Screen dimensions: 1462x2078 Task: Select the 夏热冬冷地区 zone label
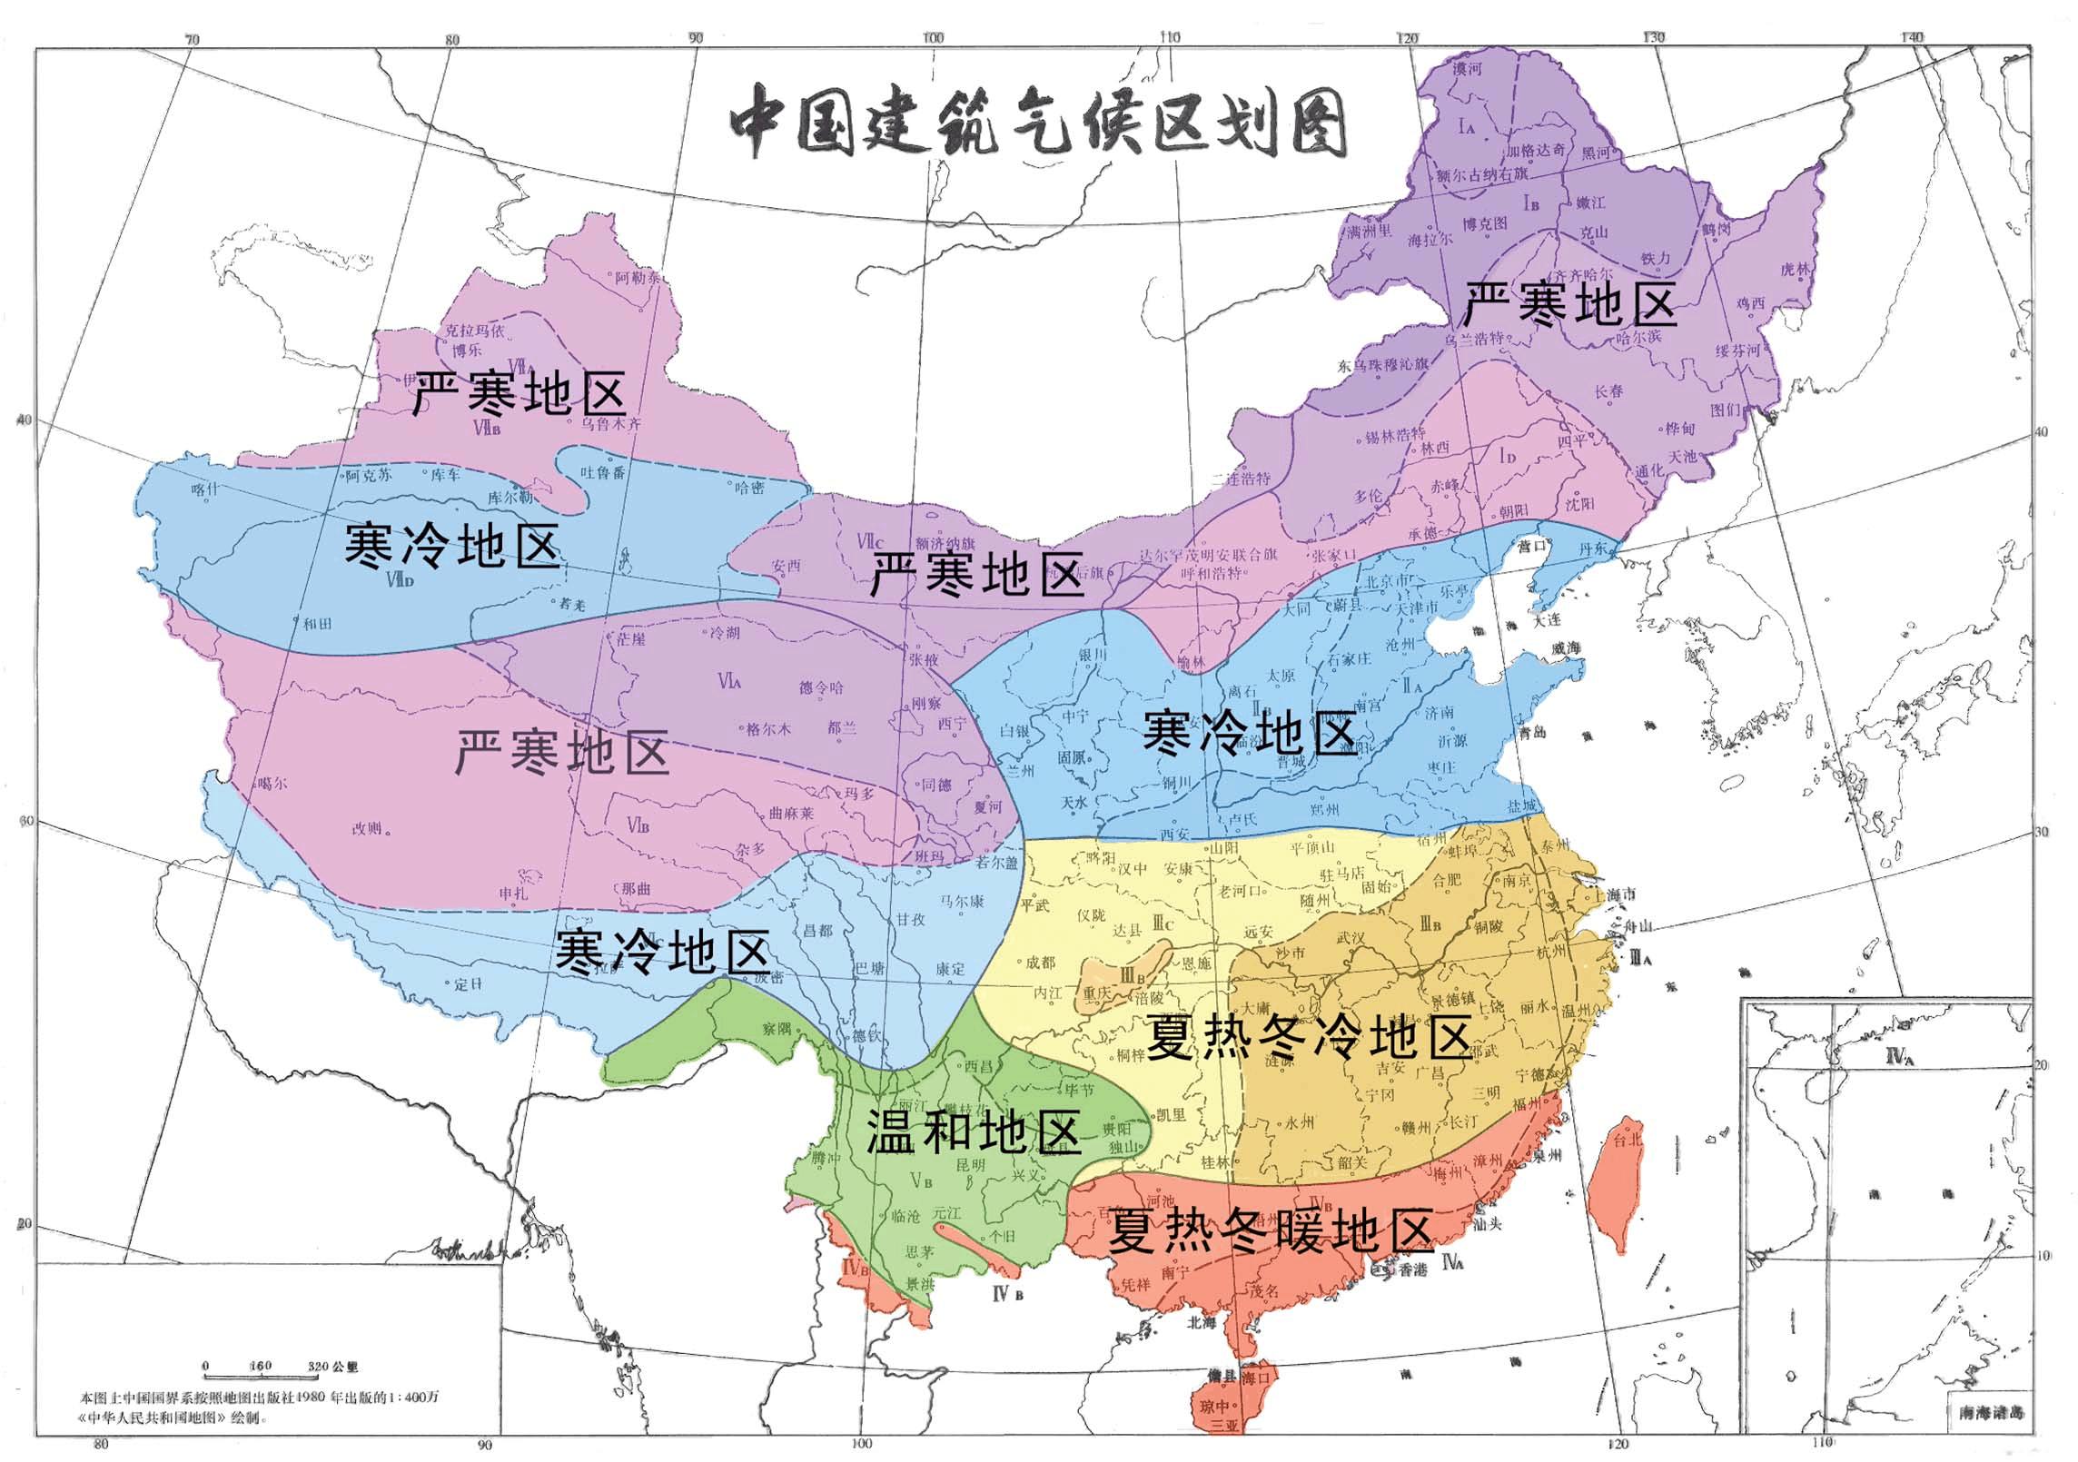[1309, 1037]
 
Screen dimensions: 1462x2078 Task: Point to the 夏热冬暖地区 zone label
[1271, 1231]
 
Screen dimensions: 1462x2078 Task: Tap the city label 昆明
[970, 1164]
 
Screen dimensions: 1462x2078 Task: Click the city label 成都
[1040, 963]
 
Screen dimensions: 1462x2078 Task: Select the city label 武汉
[1351, 937]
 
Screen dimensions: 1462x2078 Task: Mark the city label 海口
[1259, 1378]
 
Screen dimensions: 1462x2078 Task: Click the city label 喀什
[205, 489]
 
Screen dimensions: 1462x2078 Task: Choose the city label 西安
[1173, 833]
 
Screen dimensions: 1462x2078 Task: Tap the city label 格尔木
[768, 728]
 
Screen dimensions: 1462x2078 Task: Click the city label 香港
[1412, 1269]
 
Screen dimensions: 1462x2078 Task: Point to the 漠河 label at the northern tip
[1466, 68]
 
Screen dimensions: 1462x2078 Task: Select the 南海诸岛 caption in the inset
[1984, 1413]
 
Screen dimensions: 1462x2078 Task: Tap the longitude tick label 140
[1911, 37]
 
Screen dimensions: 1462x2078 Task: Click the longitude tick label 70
[191, 39]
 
